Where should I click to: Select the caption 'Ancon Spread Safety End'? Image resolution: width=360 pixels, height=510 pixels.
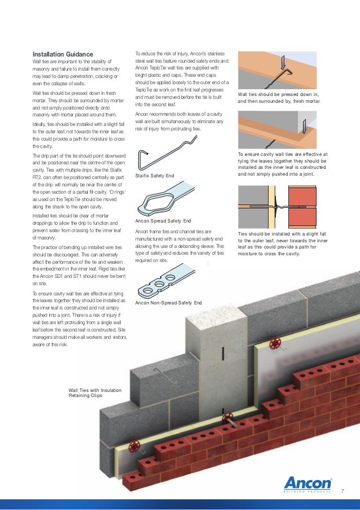tap(163, 220)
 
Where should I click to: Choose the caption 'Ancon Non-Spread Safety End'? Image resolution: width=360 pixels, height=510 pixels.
tap(168, 303)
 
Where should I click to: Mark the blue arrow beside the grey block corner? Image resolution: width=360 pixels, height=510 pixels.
tap(305, 128)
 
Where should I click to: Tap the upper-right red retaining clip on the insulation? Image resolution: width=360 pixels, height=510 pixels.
tap(276, 343)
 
